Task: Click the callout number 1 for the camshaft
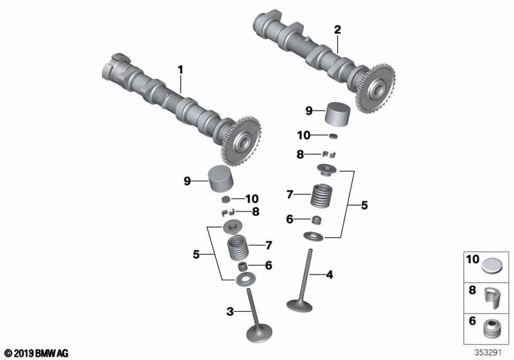[181, 70]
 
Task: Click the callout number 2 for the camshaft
[337, 30]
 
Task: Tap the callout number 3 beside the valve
[230, 312]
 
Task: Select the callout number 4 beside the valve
[330, 274]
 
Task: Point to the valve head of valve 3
[259, 334]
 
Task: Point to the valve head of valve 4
[299, 305]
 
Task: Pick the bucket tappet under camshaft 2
[338, 114]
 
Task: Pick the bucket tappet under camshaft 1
[222, 179]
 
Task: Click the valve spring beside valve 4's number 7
[322, 195]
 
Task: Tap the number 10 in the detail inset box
[473, 259]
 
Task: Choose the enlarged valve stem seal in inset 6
[492, 328]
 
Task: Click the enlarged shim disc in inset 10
[492, 265]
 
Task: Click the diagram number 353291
[488, 353]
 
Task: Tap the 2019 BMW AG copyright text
[36, 354]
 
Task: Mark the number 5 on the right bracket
[364, 205]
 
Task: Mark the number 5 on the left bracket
[196, 254]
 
